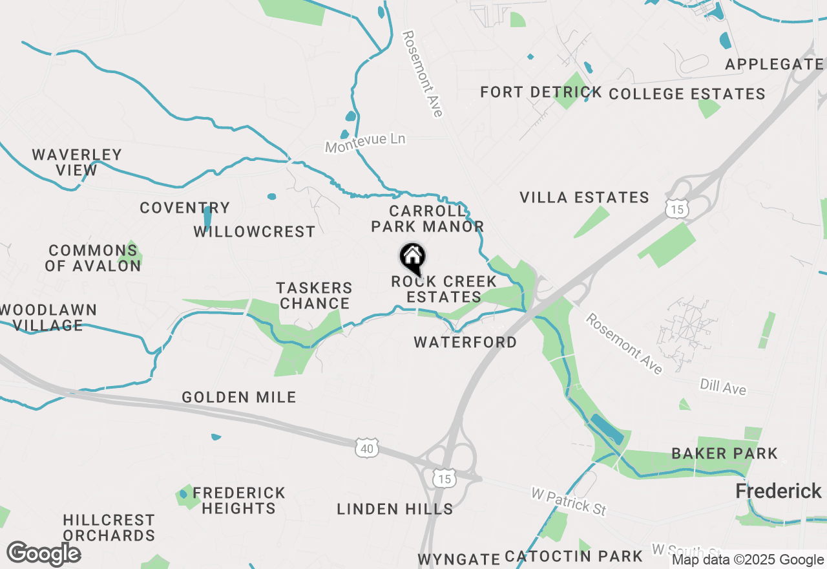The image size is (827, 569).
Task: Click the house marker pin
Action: [x=412, y=258]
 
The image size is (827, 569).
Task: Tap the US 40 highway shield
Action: [x=366, y=447]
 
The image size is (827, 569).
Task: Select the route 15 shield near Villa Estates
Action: [x=676, y=208]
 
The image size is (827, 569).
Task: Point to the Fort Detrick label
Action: [x=541, y=92]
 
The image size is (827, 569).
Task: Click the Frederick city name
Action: [x=779, y=491]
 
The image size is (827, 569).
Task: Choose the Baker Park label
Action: [x=724, y=453]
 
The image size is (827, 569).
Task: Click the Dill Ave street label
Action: [x=723, y=387]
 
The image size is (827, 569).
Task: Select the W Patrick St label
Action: [x=569, y=502]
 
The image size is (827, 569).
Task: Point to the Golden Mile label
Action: [x=239, y=397]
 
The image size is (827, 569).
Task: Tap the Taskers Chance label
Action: [x=315, y=295]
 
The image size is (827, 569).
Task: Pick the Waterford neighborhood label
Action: [x=465, y=342]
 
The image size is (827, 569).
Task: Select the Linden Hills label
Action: [x=395, y=509]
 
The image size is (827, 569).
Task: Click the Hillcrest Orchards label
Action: [x=109, y=528]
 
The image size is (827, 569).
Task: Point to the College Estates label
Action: [x=687, y=94]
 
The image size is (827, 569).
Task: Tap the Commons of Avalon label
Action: [x=93, y=258]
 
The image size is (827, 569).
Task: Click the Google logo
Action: [x=43, y=553]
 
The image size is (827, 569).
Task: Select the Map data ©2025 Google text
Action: [x=748, y=560]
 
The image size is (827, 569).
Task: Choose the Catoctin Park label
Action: [x=574, y=556]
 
